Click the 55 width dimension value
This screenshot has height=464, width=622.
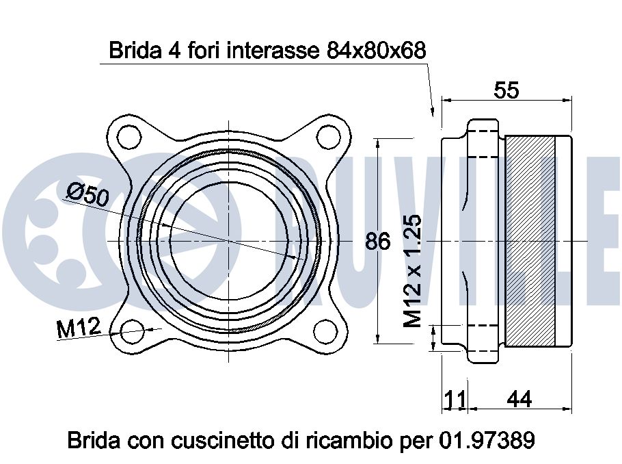[506, 90]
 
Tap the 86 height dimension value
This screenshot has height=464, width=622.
[377, 241]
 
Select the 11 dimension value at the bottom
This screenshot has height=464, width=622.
[455, 400]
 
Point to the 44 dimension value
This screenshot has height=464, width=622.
[519, 399]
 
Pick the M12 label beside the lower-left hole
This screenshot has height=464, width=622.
[79, 327]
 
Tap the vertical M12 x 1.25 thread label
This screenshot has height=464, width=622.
[413, 271]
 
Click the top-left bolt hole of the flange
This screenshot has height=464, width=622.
[129, 137]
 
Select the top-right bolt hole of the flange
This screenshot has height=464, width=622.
[329, 137]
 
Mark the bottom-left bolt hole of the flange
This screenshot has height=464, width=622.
[132, 333]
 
